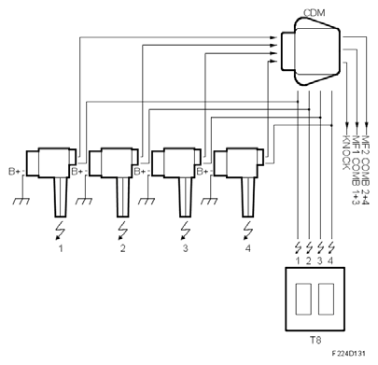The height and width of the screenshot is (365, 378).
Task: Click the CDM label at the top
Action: (x=314, y=13)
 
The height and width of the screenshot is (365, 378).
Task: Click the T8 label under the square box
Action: (x=315, y=340)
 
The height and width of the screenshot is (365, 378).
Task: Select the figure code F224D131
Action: (x=348, y=354)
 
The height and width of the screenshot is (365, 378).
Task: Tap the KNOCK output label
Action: (x=346, y=152)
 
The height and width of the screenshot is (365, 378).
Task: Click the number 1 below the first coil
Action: (x=61, y=248)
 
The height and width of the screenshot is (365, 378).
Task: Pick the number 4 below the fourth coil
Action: (x=247, y=248)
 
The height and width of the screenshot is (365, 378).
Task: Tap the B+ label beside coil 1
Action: (x=14, y=171)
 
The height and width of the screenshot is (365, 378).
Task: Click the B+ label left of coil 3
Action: (x=139, y=171)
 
